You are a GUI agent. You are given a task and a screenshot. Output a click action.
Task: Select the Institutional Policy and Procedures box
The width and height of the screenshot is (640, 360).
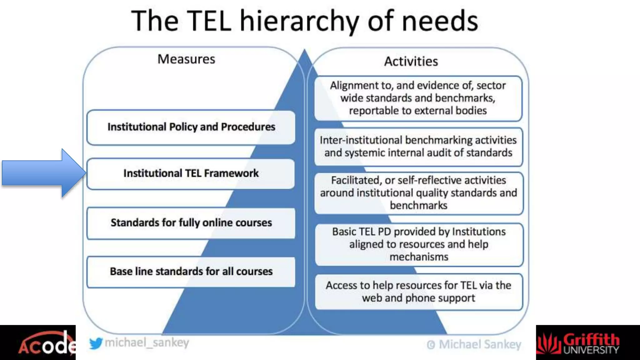[191, 127]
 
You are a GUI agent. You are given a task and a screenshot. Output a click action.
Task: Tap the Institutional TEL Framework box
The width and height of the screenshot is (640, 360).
[191, 173]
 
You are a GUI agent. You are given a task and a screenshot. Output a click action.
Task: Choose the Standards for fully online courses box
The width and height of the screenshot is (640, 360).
[191, 223]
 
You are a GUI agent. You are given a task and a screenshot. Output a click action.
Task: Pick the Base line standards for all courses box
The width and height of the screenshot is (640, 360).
[191, 272]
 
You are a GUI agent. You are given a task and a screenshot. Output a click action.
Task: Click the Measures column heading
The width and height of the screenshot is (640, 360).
[186, 59]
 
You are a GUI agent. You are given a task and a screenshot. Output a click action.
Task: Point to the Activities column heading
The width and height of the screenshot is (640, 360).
[411, 61]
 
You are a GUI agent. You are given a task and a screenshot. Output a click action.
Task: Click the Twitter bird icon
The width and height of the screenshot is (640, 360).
[96, 343]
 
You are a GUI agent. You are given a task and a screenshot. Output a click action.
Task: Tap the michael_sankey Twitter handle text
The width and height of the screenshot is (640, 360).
[147, 343]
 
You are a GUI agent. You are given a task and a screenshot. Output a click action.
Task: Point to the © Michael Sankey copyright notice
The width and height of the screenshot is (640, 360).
[474, 344]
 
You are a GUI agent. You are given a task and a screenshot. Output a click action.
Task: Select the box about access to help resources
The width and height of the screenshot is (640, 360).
[418, 292]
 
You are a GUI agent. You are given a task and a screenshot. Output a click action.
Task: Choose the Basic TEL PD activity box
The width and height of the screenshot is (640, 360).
[419, 244]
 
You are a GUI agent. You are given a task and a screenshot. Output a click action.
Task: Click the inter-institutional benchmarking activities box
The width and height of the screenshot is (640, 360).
[418, 147]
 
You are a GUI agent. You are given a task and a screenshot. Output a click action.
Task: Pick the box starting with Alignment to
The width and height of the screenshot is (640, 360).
[418, 98]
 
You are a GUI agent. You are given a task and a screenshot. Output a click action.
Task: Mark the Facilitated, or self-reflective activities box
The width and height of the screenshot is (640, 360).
[418, 193]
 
